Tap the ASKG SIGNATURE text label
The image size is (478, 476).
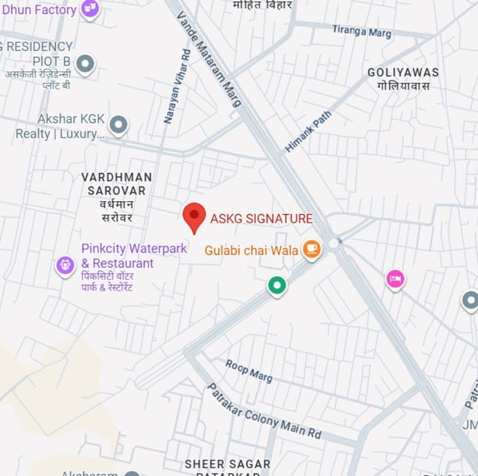click(261, 219)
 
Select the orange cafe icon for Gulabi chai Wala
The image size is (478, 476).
click(311, 249)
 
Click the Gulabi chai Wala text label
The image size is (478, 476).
click(251, 250)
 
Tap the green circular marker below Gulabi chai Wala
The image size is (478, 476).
click(277, 285)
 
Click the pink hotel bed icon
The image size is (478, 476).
click(395, 279)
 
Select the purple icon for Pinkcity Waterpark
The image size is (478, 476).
click(65, 265)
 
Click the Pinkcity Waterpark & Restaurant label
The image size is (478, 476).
click(134, 256)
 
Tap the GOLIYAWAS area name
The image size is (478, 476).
click(403, 73)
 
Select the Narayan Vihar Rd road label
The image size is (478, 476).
click(177, 86)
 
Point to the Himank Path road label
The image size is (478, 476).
click(308, 132)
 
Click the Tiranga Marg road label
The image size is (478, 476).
click(361, 31)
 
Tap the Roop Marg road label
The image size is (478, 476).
click(249, 370)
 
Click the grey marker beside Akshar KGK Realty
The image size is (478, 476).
click(119, 124)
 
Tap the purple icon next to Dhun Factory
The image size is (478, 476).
click(90, 8)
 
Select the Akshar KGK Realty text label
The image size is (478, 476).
click(60, 126)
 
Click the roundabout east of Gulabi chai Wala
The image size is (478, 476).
click(335, 242)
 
